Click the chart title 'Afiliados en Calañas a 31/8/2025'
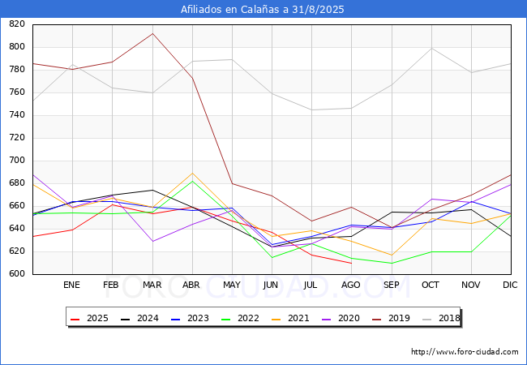tap(262, 10)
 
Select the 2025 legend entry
tap(89, 318)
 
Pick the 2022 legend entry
tap(240, 318)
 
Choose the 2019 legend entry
tap(392, 318)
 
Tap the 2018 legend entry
tap(441, 318)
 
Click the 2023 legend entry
tap(190, 318)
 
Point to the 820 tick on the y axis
tap(17, 24)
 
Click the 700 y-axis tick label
tap(17, 161)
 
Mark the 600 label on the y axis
tap(17, 273)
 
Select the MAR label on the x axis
tap(152, 285)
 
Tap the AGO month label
tap(351, 285)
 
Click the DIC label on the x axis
tap(510, 285)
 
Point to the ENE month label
tap(71, 285)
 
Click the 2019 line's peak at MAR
tap(152, 33)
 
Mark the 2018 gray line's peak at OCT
tap(431, 49)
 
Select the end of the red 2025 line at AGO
tap(352, 263)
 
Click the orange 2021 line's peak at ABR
tap(192, 173)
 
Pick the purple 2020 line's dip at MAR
tap(152, 242)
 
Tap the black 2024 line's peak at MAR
tap(152, 191)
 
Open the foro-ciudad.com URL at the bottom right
tap(465, 352)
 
